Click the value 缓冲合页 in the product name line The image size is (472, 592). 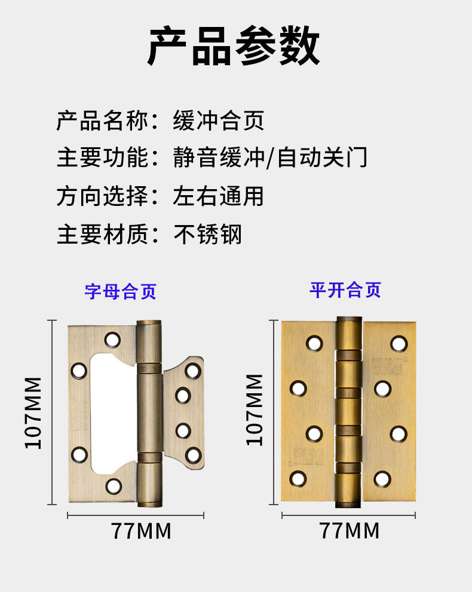218,121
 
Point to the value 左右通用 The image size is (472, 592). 218,196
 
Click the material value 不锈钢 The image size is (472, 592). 207,233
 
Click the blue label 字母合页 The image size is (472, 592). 120,292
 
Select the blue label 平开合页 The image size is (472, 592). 345,290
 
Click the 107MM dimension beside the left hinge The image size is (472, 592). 33,412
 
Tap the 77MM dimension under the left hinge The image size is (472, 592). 141,530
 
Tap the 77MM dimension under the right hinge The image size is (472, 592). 350,530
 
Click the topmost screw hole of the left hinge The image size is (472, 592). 112,340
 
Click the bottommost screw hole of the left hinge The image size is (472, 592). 114,485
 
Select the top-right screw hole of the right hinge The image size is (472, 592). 399,344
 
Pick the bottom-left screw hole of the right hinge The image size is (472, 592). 298,478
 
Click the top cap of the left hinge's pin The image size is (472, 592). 149,325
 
